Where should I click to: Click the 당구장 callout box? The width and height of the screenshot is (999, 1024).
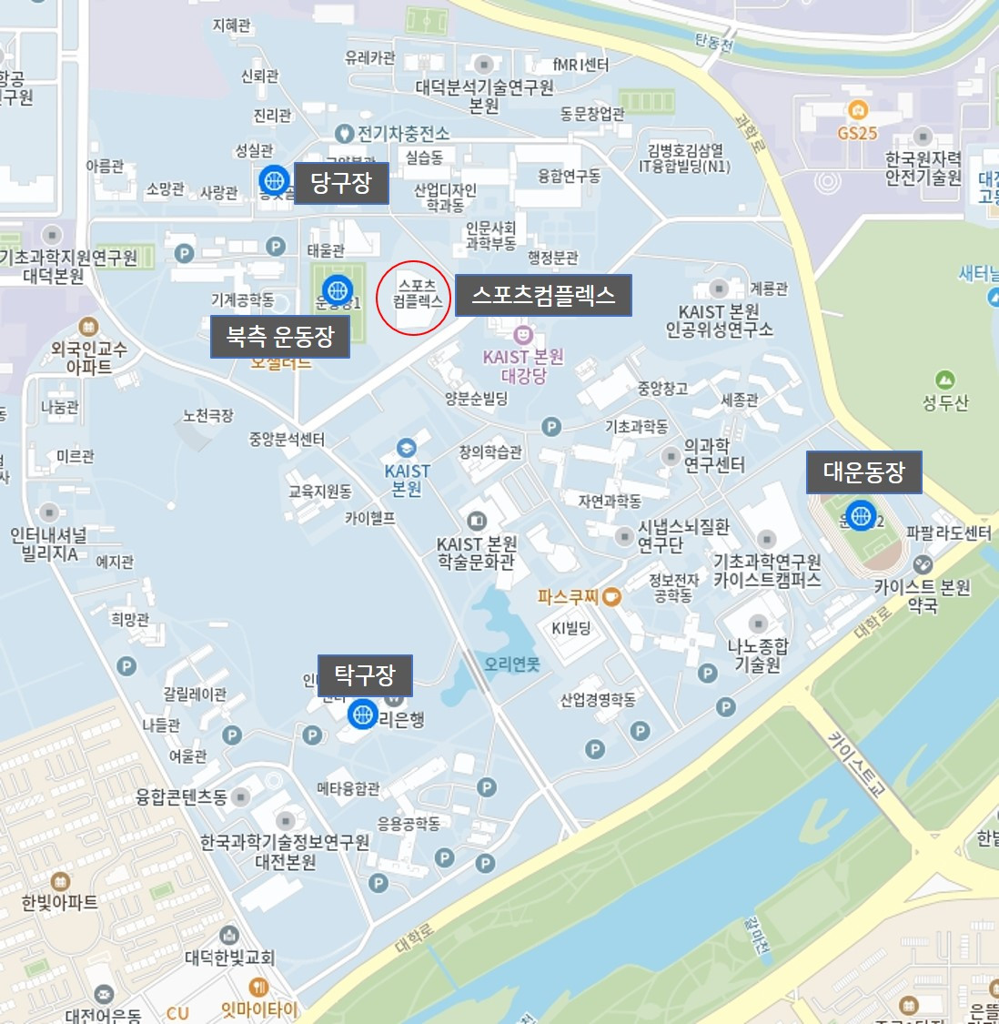341,184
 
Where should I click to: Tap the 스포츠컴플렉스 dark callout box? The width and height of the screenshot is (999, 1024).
543,296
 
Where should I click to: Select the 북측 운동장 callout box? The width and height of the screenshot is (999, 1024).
280,337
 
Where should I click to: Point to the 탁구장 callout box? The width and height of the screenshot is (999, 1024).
365,675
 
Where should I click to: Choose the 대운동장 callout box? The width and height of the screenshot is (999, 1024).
864,472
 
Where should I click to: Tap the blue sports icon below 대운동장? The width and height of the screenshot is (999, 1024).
860,516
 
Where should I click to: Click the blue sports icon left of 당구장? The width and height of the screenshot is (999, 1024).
274,181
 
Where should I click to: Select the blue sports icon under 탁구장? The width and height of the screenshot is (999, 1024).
362,714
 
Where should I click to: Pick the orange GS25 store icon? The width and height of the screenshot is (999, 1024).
856,111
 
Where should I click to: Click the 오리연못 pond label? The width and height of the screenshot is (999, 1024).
511,664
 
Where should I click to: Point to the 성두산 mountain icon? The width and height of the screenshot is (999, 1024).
945,379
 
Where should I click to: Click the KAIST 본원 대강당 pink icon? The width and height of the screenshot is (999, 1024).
522,336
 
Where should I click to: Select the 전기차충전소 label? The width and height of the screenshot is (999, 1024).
403,135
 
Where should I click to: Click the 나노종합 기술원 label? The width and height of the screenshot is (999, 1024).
758,655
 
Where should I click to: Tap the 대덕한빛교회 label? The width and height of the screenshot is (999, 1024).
229,958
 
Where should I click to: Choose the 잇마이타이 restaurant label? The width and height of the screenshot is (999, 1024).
259,1009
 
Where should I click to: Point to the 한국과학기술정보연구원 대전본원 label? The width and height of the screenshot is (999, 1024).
285,851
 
